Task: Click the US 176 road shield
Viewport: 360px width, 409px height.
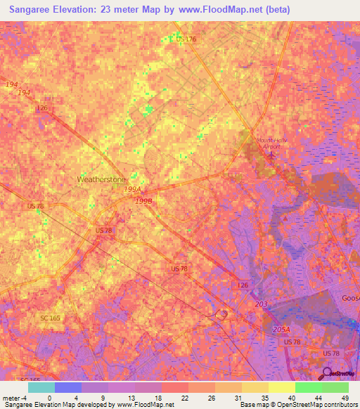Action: click(x=186, y=39)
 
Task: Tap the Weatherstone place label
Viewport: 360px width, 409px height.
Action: click(x=100, y=179)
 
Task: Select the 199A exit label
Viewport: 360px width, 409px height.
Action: click(x=133, y=190)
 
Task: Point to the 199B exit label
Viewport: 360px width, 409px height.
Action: click(x=143, y=200)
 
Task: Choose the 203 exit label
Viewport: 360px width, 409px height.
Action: click(x=261, y=303)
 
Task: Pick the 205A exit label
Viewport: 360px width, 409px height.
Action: click(x=281, y=329)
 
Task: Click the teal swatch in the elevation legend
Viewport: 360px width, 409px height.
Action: click(x=41, y=387)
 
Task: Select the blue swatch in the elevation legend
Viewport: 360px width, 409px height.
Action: click(x=67, y=387)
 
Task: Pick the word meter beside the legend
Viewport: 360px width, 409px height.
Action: click(x=11, y=398)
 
